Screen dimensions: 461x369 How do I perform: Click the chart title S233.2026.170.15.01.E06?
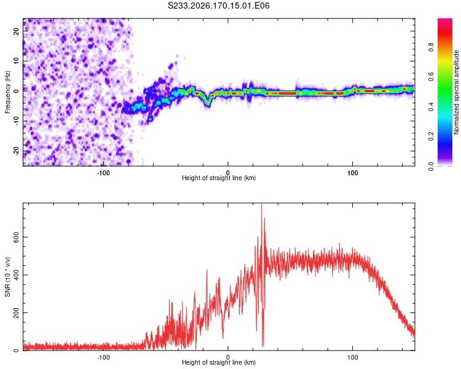click(x=218, y=6)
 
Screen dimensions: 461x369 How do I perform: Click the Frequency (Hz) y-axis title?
click(x=7, y=92)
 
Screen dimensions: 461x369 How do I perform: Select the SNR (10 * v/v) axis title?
click(x=7, y=277)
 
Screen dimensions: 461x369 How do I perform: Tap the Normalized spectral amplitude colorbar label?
click(x=456, y=92)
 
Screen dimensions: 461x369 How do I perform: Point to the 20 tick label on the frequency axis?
click(x=16, y=31)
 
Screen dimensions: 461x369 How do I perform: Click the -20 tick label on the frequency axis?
click(x=16, y=151)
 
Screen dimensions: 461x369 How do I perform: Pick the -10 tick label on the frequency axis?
click(x=16, y=121)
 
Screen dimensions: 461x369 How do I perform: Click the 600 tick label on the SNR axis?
click(x=16, y=237)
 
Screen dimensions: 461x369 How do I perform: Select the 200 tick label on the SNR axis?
click(x=16, y=312)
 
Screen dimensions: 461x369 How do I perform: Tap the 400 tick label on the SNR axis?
click(x=16, y=275)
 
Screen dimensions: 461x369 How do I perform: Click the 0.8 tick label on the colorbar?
click(x=431, y=47)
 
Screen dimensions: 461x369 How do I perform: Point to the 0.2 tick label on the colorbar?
click(x=431, y=137)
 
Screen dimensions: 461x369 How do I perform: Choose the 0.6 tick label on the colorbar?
click(x=431, y=77)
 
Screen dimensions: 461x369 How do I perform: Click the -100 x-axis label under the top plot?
click(x=103, y=173)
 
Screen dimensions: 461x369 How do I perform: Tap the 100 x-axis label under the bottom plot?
click(x=353, y=357)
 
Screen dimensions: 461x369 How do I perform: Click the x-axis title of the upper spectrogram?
click(x=219, y=178)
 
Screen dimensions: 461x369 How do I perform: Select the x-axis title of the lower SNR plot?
click(x=219, y=362)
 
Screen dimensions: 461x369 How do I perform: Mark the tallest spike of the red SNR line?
click(x=261, y=204)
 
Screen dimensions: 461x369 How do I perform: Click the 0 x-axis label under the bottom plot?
click(x=228, y=357)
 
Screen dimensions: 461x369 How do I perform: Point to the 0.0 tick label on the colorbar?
click(x=431, y=166)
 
